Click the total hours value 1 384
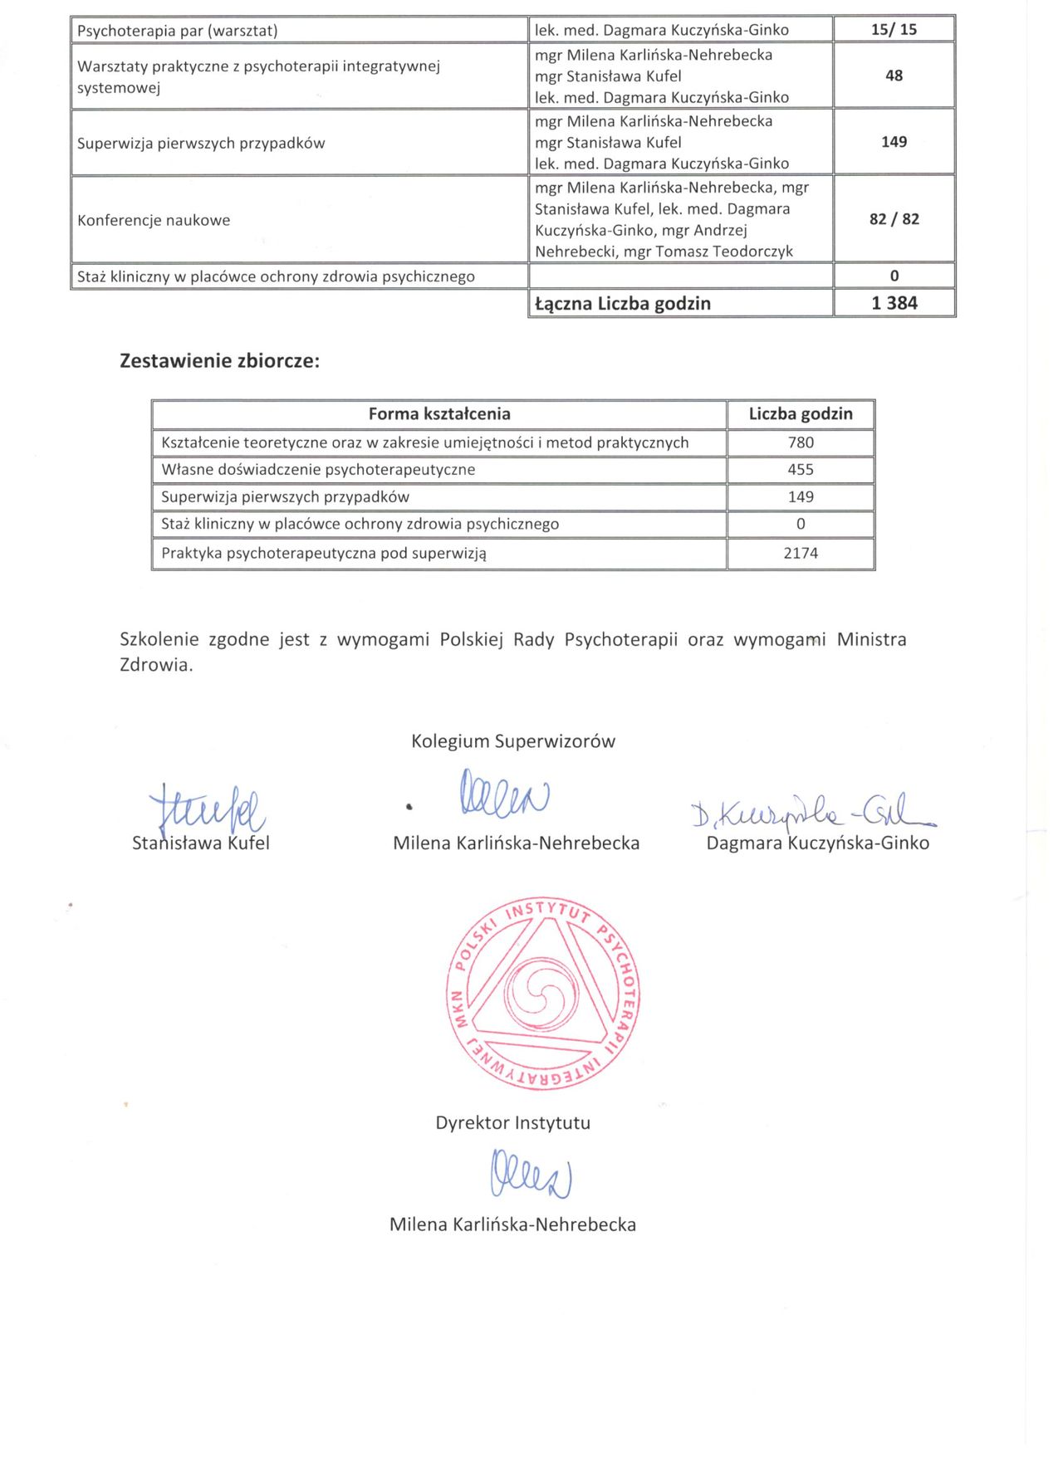click(x=894, y=303)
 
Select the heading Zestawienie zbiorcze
click(x=219, y=361)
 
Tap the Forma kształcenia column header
click(x=439, y=413)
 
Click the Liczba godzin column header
click(x=801, y=413)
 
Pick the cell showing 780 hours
click(x=801, y=442)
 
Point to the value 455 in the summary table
click(x=801, y=470)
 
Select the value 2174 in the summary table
click(x=801, y=553)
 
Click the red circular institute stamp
click(x=543, y=993)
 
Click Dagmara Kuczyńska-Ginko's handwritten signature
click(x=812, y=810)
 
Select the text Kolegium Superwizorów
click(x=513, y=741)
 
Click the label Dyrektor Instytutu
click(x=513, y=1123)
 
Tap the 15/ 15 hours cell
click(x=894, y=30)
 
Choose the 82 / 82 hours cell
click(x=894, y=219)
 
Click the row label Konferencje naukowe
click(x=154, y=220)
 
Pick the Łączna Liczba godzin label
click(x=623, y=304)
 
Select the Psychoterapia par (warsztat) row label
click(x=177, y=32)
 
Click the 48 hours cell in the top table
click(x=894, y=76)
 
